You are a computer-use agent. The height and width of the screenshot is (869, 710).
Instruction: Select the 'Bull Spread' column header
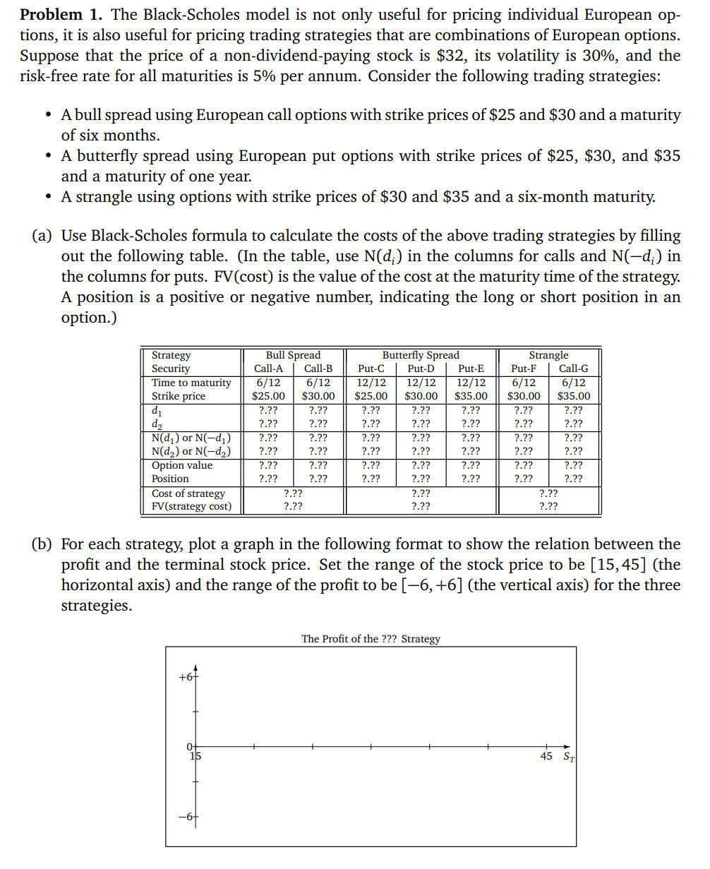(x=292, y=355)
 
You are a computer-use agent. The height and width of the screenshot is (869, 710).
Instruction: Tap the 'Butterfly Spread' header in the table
(x=421, y=355)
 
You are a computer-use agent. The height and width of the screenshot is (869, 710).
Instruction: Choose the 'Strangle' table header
(x=548, y=355)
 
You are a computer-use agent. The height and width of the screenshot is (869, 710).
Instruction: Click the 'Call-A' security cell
(x=268, y=368)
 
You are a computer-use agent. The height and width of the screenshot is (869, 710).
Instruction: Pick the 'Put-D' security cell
(x=421, y=368)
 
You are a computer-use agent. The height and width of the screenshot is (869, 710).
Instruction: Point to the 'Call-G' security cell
(x=573, y=368)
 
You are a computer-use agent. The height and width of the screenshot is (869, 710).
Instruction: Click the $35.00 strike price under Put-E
(x=471, y=396)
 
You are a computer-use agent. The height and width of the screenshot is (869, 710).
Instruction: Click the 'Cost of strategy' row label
(x=188, y=493)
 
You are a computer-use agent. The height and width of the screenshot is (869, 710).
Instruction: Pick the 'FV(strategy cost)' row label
(x=192, y=506)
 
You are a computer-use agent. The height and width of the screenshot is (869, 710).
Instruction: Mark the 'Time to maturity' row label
(x=191, y=383)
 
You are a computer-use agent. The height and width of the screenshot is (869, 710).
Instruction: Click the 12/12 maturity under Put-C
(x=371, y=383)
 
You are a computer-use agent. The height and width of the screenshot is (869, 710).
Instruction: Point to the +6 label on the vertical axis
(x=186, y=677)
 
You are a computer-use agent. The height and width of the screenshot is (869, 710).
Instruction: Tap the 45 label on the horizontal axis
(x=546, y=757)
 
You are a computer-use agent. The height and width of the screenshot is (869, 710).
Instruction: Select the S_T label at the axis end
(x=569, y=757)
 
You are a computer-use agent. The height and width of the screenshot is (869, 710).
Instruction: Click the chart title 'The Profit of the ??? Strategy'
(x=371, y=639)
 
